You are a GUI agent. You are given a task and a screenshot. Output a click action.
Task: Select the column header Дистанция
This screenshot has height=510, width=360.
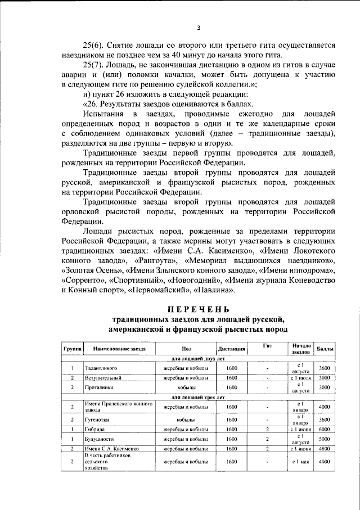tap(231, 349)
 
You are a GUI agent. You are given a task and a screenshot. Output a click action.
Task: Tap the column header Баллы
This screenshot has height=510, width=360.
tap(324, 349)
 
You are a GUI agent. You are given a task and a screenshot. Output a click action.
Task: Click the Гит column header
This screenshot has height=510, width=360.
tap(267, 346)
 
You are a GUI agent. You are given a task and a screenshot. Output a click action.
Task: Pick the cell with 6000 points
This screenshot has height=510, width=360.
tap(324, 430)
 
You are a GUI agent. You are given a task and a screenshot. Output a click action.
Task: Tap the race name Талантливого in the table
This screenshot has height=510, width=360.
tap(101, 368)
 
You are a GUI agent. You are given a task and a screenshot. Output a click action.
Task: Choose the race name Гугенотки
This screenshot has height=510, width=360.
tap(100, 420)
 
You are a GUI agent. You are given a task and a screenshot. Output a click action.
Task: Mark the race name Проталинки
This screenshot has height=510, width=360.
tap(100, 387)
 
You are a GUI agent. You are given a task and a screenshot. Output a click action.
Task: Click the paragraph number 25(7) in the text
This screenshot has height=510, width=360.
tap(94, 65)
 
